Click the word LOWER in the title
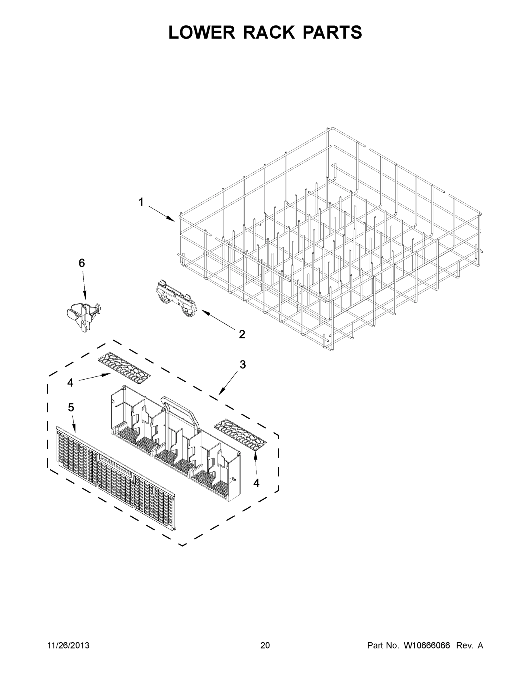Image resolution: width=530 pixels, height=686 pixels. (x=202, y=32)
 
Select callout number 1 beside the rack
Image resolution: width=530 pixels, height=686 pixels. (x=141, y=202)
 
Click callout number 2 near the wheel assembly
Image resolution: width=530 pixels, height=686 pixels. (x=242, y=334)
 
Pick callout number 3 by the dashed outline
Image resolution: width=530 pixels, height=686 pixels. (x=243, y=365)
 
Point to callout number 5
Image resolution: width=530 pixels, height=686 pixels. (x=71, y=408)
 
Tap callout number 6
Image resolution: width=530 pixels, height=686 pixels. (x=82, y=263)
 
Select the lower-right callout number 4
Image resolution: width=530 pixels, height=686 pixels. (x=256, y=483)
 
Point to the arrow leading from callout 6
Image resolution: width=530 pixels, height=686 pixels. (x=84, y=285)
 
